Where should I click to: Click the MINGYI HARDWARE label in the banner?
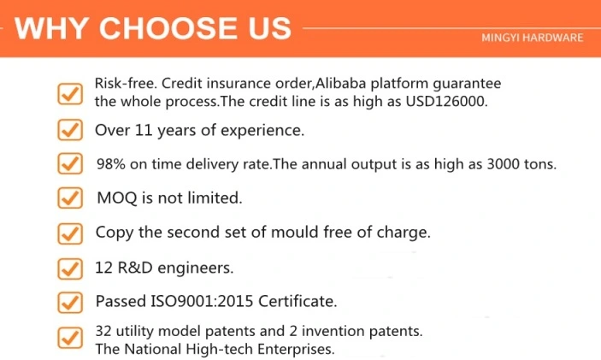tap(533, 38)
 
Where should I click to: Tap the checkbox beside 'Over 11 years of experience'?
tap(70, 130)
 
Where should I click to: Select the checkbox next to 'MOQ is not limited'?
tap(70, 198)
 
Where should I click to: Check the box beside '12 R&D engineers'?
tap(70, 269)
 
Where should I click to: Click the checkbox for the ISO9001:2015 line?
tap(70, 302)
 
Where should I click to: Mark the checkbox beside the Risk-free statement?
tap(70, 94)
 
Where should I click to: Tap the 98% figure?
tap(111, 164)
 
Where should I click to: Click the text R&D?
tap(135, 268)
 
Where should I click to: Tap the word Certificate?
tap(298, 301)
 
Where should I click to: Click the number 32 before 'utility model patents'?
tap(103, 331)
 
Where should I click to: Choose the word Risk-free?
tap(127, 83)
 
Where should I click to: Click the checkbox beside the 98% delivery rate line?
tap(70, 163)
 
